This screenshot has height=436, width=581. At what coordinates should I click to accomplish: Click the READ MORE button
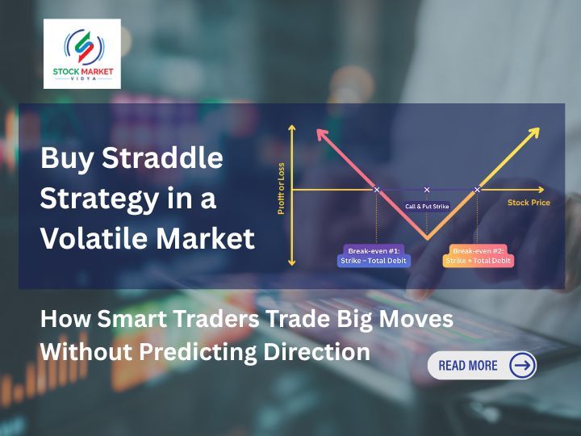481,365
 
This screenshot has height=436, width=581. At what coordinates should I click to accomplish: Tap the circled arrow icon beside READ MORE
522,365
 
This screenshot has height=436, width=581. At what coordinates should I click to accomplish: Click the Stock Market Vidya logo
82,53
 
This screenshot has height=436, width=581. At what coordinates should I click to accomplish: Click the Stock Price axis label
529,203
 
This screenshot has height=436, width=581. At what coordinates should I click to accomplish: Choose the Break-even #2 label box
479,256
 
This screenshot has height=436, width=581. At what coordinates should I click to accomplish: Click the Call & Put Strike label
427,208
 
